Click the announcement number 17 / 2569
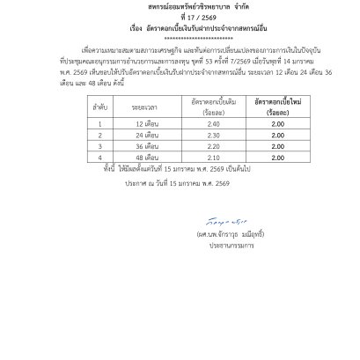pos(180,25)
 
